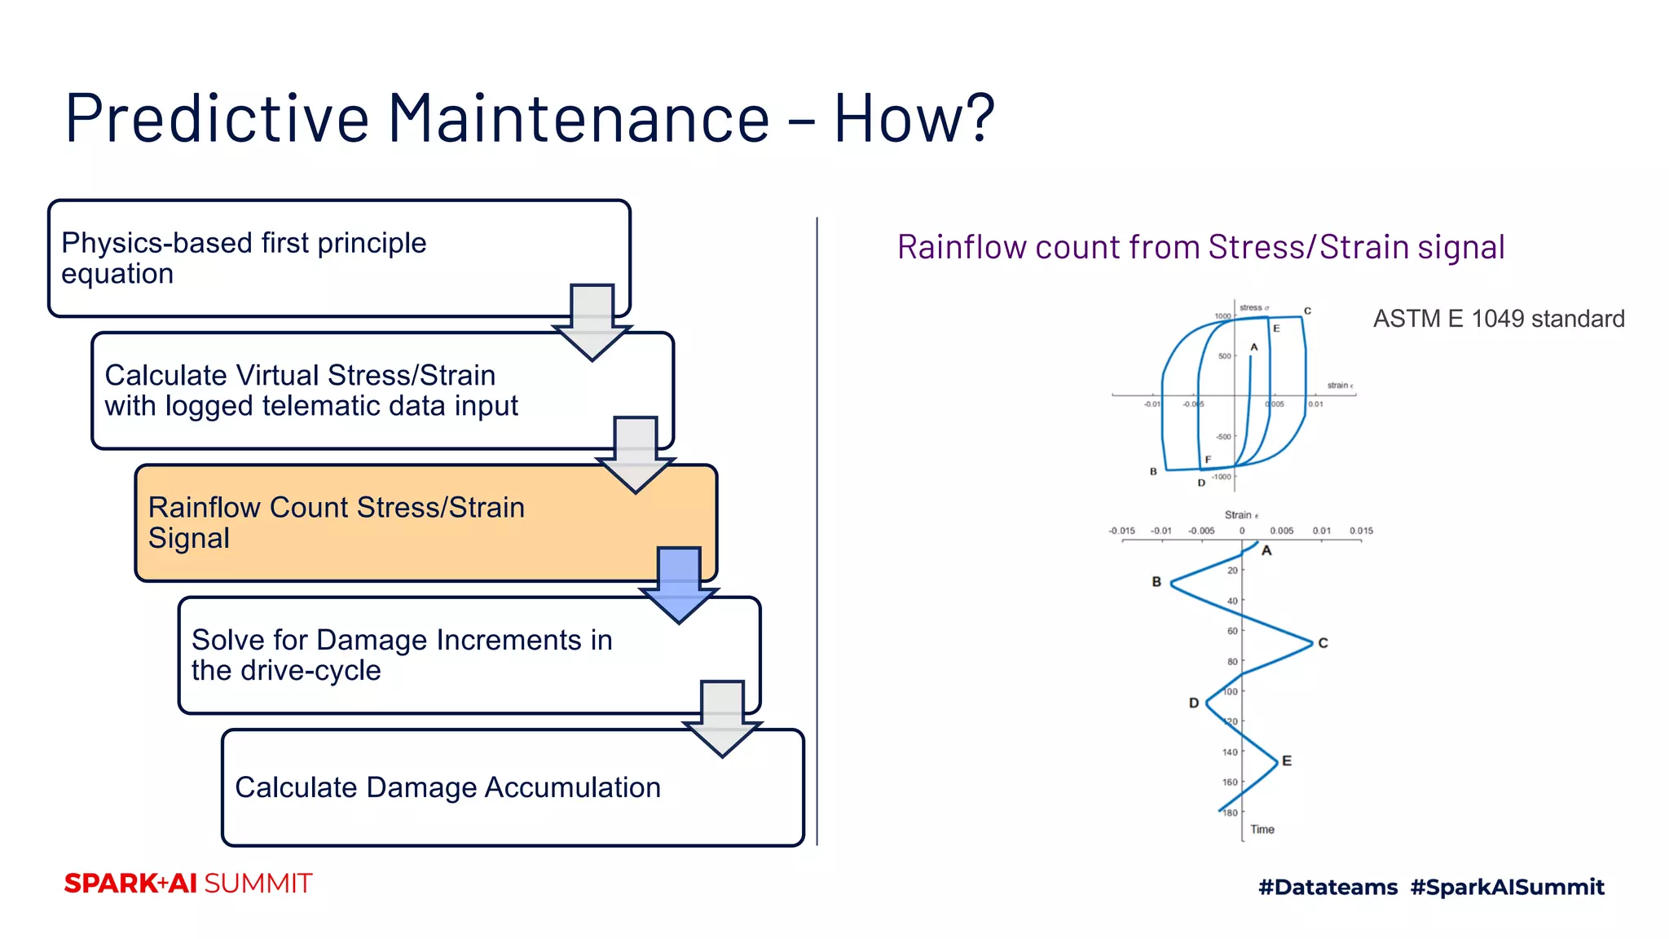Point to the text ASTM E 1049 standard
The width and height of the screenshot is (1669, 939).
coord(1498,319)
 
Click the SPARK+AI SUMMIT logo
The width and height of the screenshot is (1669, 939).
coord(188,884)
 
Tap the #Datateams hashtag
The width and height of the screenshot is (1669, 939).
coord(1328,887)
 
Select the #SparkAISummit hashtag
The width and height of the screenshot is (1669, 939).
coord(1507,887)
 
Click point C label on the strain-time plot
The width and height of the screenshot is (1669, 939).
coord(1323,643)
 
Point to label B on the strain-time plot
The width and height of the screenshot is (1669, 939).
coord(1156,582)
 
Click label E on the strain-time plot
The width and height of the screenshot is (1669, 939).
coord(1287,760)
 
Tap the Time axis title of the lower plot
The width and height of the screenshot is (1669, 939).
coord(1262,830)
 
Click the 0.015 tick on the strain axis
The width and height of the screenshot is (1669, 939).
coord(1361,531)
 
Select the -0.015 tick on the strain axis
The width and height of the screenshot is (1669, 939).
coord(1121,531)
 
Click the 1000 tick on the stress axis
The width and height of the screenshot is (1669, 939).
coord(1222,316)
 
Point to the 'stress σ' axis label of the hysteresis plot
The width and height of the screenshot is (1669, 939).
coord(1253,307)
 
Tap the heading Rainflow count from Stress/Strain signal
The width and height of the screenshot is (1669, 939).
coord(1200,247)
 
